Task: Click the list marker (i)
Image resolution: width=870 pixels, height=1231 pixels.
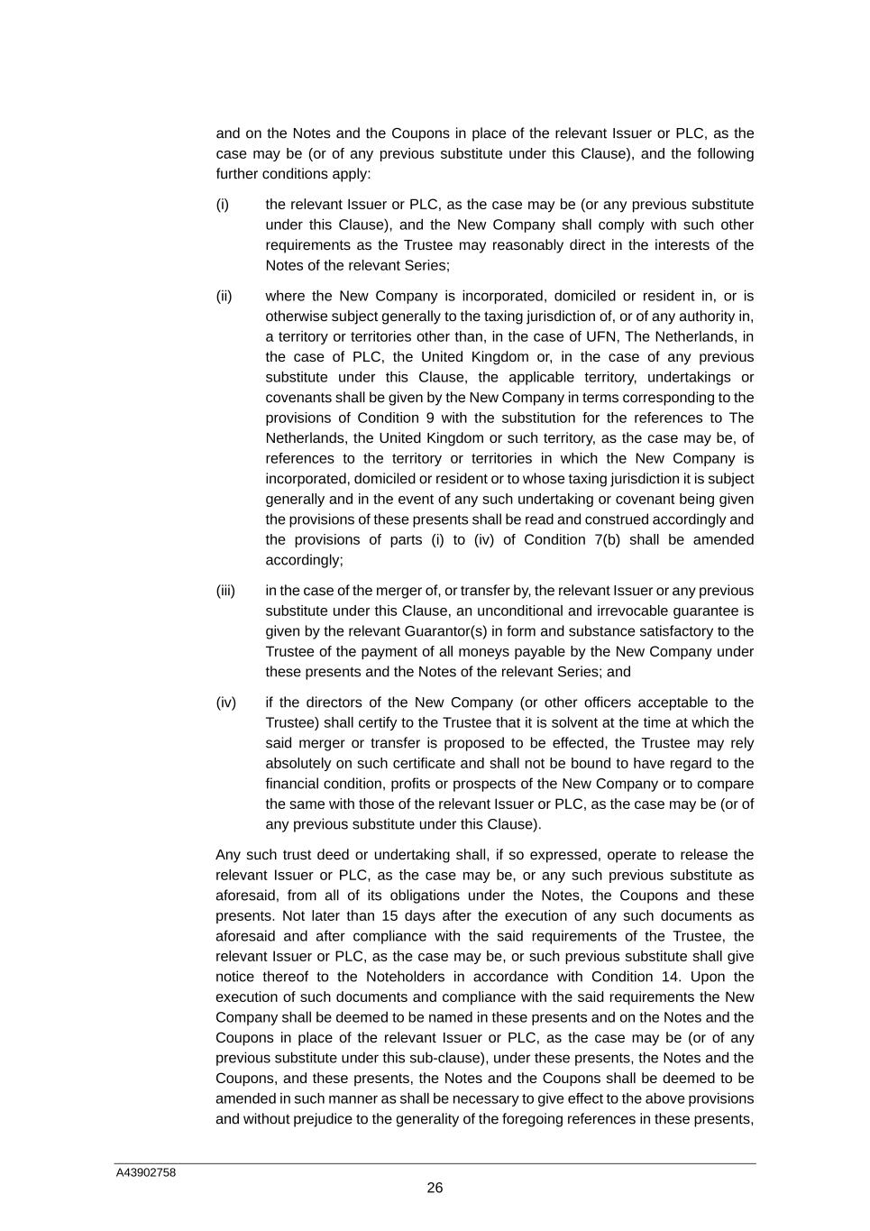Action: pos(223,205)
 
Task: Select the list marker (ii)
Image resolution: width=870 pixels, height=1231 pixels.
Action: pos(224,297)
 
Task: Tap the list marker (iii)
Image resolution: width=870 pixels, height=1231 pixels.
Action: pos(225,591)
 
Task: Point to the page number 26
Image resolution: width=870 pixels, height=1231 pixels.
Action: pos(435,1189)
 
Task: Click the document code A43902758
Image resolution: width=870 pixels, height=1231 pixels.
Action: pos(145,1173)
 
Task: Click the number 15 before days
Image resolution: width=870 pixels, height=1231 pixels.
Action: pos(362,916)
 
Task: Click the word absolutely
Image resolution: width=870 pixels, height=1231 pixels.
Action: pos(301,764)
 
